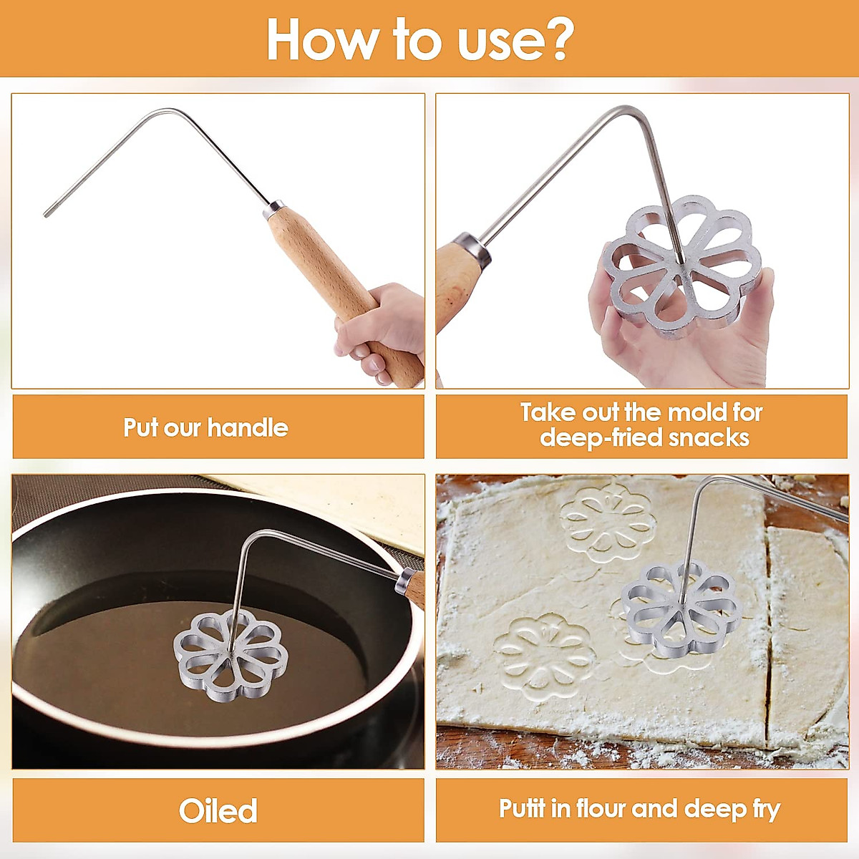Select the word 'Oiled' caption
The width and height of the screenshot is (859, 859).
coord(218,811)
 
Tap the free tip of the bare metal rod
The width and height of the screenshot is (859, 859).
coord(47,213)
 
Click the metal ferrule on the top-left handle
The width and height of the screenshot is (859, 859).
coord(275,209)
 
